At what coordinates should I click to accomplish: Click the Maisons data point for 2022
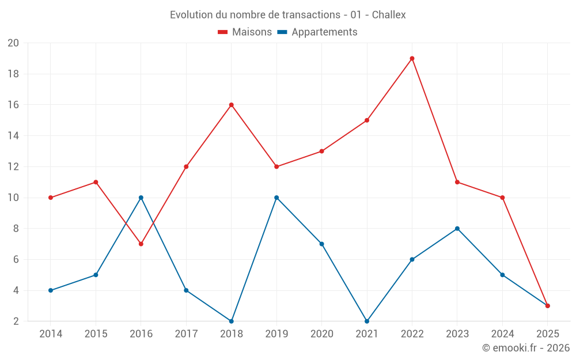point(412,58)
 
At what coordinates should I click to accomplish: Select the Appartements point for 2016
point(141,198)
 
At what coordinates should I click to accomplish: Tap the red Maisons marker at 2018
point(232,105)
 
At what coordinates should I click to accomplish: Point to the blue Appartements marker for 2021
point(367,321)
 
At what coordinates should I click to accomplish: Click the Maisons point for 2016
point(141,244)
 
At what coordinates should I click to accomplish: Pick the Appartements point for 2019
point(276,198)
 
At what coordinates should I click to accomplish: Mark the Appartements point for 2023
point(457,229)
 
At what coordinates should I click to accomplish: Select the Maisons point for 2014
point(51,198)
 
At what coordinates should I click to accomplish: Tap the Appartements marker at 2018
point(232,321)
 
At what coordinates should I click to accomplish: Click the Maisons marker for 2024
point(502,198)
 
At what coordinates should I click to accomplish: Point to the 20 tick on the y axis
point(13,43)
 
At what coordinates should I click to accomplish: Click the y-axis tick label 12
point(13,166)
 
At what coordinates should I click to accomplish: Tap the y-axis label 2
point(16,321)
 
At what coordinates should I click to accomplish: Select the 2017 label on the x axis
point(186,334)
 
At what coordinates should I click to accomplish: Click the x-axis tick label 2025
point(547,334)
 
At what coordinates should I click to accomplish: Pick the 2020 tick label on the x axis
point(321,334)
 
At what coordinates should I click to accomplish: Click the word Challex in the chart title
point(389,15)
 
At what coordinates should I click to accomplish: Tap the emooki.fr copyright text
point(526,348)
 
